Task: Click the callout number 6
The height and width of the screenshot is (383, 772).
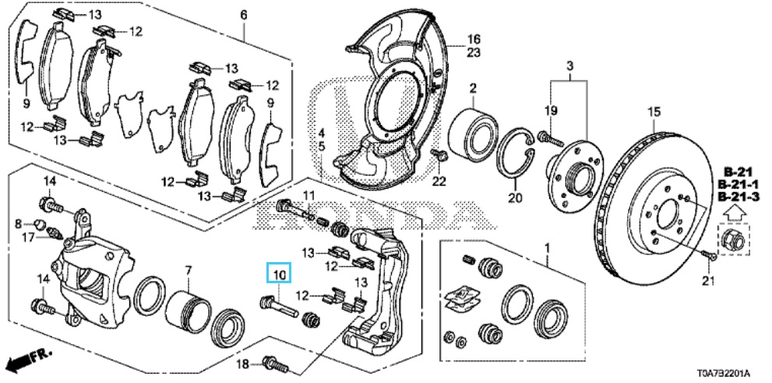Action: [x=243, y=15]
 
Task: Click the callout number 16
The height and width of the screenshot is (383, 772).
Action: [x=474, y=39]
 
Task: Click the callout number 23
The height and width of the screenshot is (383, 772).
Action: [x=474, y=53]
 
